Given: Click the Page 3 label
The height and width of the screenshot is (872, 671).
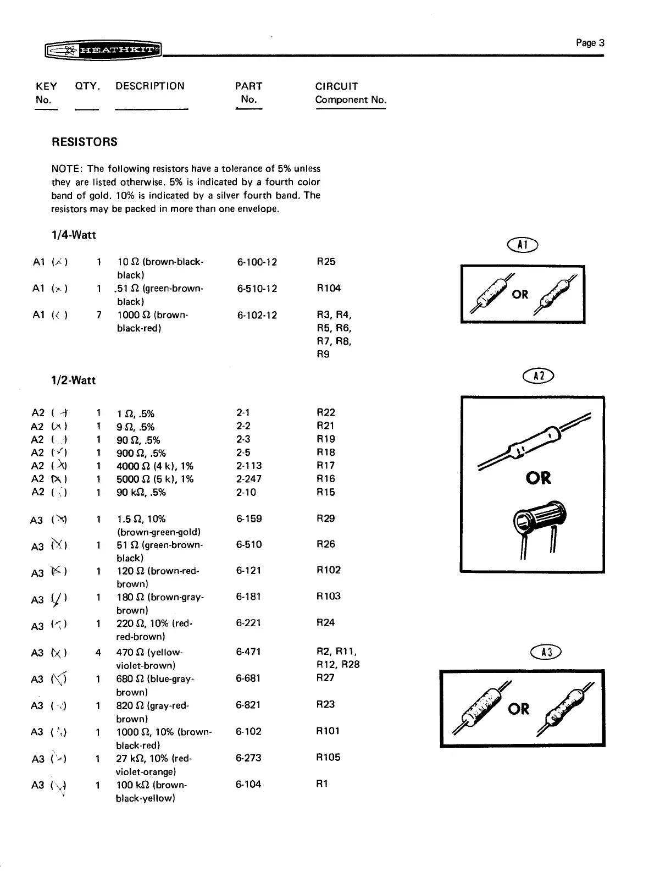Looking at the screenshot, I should tap(590, 43).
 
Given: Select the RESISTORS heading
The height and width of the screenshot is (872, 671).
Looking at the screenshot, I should tap(84, 142).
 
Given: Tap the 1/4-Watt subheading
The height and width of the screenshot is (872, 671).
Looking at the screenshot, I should tap(74, 235).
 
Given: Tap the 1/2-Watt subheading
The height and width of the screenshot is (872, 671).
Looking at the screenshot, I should tap(74, 380).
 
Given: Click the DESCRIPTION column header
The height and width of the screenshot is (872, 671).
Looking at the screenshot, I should tap(150, 86).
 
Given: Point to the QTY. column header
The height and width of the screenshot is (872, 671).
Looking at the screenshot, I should tap(87, 86).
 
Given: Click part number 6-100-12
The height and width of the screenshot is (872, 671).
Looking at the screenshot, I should tap(257, 262).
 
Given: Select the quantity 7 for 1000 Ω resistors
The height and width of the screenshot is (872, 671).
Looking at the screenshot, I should tap(98, 315).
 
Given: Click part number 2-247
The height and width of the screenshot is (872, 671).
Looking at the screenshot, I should tap(249, 479).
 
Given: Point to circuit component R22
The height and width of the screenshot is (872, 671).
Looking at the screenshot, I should tap(326, 412).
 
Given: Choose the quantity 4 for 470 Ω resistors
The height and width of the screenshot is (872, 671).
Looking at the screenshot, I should tap(98, 653).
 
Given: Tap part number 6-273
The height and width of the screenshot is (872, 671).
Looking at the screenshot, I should tap(248, 758).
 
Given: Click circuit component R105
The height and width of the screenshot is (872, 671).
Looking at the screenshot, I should tap(329, 757).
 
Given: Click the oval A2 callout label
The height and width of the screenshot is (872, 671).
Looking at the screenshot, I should tap(540, 376).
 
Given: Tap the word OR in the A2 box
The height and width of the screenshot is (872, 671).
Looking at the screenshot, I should tap(538, 478).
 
